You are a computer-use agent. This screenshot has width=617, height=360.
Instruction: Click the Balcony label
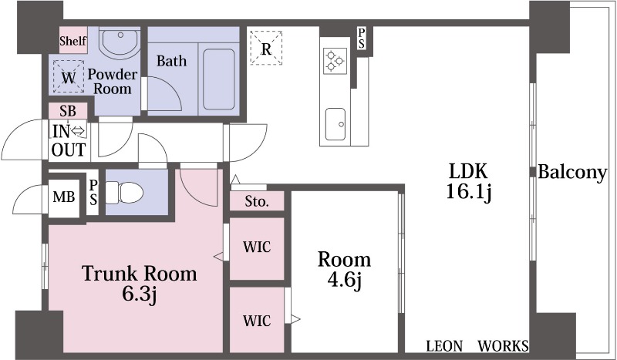click(572, 173)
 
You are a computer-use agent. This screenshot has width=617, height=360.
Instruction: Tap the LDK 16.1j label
click(468, 182)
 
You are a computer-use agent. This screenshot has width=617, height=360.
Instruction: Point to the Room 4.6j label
click(344, 271)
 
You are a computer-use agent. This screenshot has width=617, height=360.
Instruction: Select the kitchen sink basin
click(335, 124)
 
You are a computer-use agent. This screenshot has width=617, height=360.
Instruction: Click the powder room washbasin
click(120, 42)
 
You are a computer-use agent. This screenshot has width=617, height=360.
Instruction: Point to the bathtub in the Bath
click(219, 79)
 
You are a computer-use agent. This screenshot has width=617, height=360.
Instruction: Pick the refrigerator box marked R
click(266, 48)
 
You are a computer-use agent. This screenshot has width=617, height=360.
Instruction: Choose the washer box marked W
click(69, 76)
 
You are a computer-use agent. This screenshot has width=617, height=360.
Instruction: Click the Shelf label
click(73, 41)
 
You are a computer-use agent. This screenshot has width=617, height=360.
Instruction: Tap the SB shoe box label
click(68, 111)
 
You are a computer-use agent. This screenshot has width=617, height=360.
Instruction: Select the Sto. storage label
click(257, 202)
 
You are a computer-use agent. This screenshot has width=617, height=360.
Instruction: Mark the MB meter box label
click(64, 197)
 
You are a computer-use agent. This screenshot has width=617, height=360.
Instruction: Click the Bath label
click(171, 61)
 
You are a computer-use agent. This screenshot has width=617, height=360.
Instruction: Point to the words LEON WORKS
click(477, 346)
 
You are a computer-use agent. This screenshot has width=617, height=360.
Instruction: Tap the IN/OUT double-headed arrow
click(79, 130)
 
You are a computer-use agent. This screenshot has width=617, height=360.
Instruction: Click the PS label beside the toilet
click(93, 193)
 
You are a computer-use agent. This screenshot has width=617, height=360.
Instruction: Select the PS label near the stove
click(361, 39)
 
